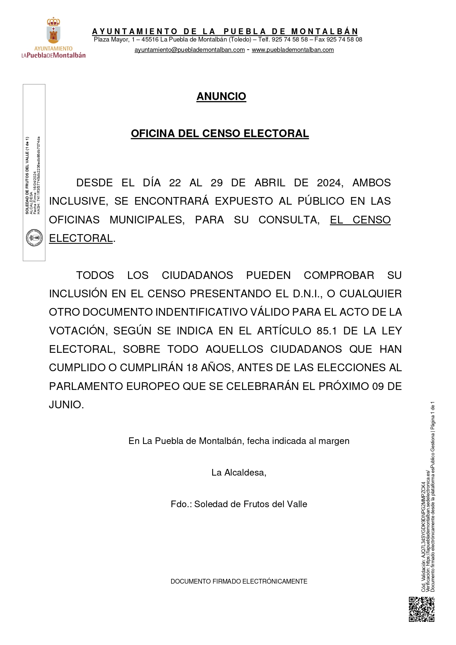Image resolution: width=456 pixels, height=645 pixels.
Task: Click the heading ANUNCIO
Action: tap(221, 96)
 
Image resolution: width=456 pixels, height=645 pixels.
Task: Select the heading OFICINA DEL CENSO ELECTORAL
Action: tap(220, 133)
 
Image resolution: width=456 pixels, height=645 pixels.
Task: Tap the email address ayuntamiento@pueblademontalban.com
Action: tap(189, 50)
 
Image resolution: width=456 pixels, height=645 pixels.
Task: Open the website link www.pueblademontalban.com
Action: tap(293, 50)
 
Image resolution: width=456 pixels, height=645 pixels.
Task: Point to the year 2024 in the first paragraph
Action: tap(329, 183)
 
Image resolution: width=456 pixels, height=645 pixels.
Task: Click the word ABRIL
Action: tap(270, 183)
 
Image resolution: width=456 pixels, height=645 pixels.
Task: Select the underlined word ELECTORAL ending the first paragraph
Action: tap(81, 238)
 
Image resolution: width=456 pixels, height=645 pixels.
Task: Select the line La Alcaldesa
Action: tap(239, 473)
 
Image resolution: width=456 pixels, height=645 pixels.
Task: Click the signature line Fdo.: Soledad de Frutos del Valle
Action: tap(239, 504)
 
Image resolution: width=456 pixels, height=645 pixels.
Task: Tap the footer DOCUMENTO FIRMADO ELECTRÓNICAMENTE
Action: tap(239, 581)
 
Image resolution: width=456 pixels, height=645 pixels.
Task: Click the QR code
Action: tap(421, 609)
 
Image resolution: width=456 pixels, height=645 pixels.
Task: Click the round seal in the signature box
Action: tap(34, 238)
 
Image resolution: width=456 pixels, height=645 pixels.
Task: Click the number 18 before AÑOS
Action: tap(192, 368)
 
